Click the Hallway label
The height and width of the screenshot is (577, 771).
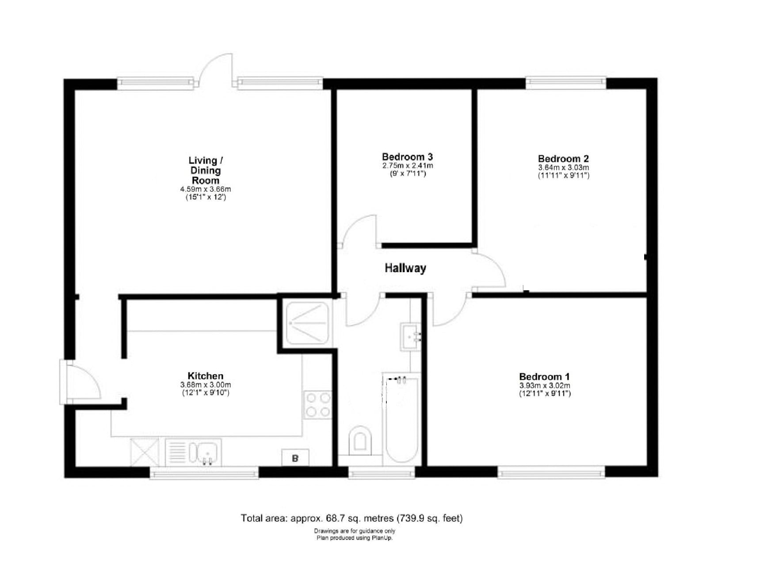point(405,268)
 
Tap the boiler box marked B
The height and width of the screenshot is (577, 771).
point(295,458)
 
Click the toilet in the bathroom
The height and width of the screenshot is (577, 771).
point(360,440)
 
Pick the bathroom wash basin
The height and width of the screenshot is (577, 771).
point(411,336)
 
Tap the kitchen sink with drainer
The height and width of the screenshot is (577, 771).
point(193,452)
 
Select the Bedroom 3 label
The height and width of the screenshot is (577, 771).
point(407,156)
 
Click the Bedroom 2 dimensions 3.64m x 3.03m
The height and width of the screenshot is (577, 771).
point(563,167)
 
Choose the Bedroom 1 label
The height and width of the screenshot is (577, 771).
point(544,376)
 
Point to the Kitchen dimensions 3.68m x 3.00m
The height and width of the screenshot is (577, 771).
point(206,385)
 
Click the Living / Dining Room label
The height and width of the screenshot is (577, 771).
point(206,170)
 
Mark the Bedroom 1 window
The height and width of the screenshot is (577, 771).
point(551,472)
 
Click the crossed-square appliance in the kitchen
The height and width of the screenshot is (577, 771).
point(144,451)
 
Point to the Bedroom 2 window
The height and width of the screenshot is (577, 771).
point(565,82)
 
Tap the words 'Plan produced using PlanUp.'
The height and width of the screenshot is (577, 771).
point(354,538)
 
